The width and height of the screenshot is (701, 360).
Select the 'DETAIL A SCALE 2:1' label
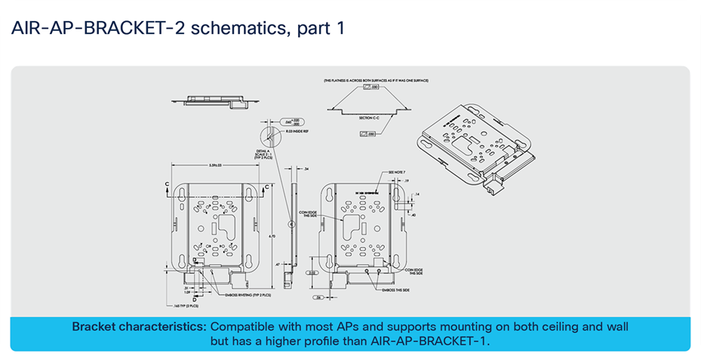tap(263, 154)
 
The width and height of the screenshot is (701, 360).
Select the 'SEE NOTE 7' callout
tap(396, 172)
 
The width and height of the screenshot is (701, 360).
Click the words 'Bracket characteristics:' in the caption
tap(139, 327)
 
